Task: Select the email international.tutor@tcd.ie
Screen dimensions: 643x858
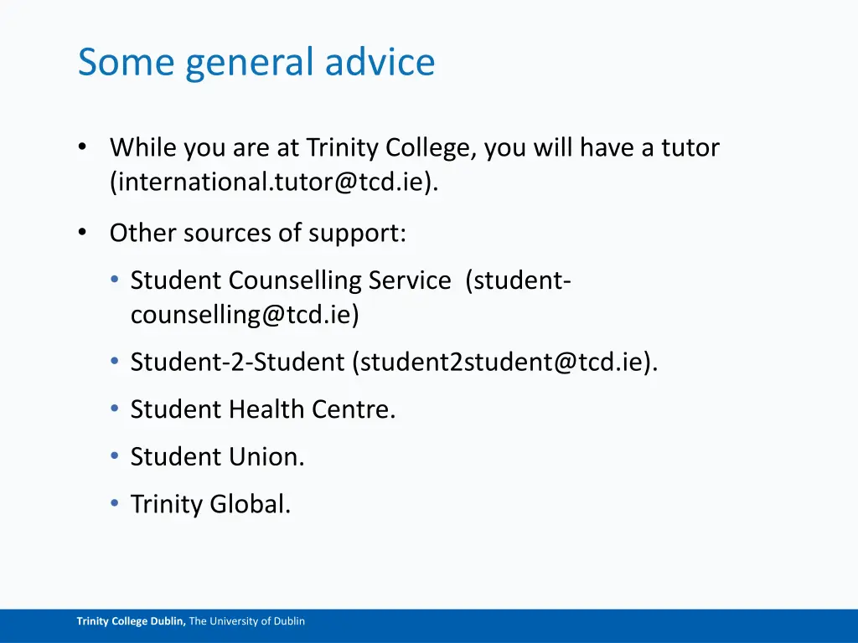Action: coord(272,182)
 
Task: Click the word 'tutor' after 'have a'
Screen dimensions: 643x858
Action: coord(690,147)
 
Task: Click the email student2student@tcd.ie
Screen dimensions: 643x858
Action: coord(504,363)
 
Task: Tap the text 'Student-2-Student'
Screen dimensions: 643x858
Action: coord(237,363)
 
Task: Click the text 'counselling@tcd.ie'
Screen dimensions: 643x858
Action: coord(245,315)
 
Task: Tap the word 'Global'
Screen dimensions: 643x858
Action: coord(250,504)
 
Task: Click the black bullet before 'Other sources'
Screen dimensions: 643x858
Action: coord(82,233)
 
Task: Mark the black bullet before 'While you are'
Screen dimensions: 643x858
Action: coord(82,147)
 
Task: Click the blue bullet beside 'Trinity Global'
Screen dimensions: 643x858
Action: coord(114,504)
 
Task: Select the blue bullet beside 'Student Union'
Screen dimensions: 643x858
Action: coord(114,456)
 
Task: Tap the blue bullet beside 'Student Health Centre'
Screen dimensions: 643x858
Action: coord(114,409)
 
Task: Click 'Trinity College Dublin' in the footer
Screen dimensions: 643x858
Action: coord(131,621)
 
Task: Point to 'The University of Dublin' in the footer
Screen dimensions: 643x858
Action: coord(247,621)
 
